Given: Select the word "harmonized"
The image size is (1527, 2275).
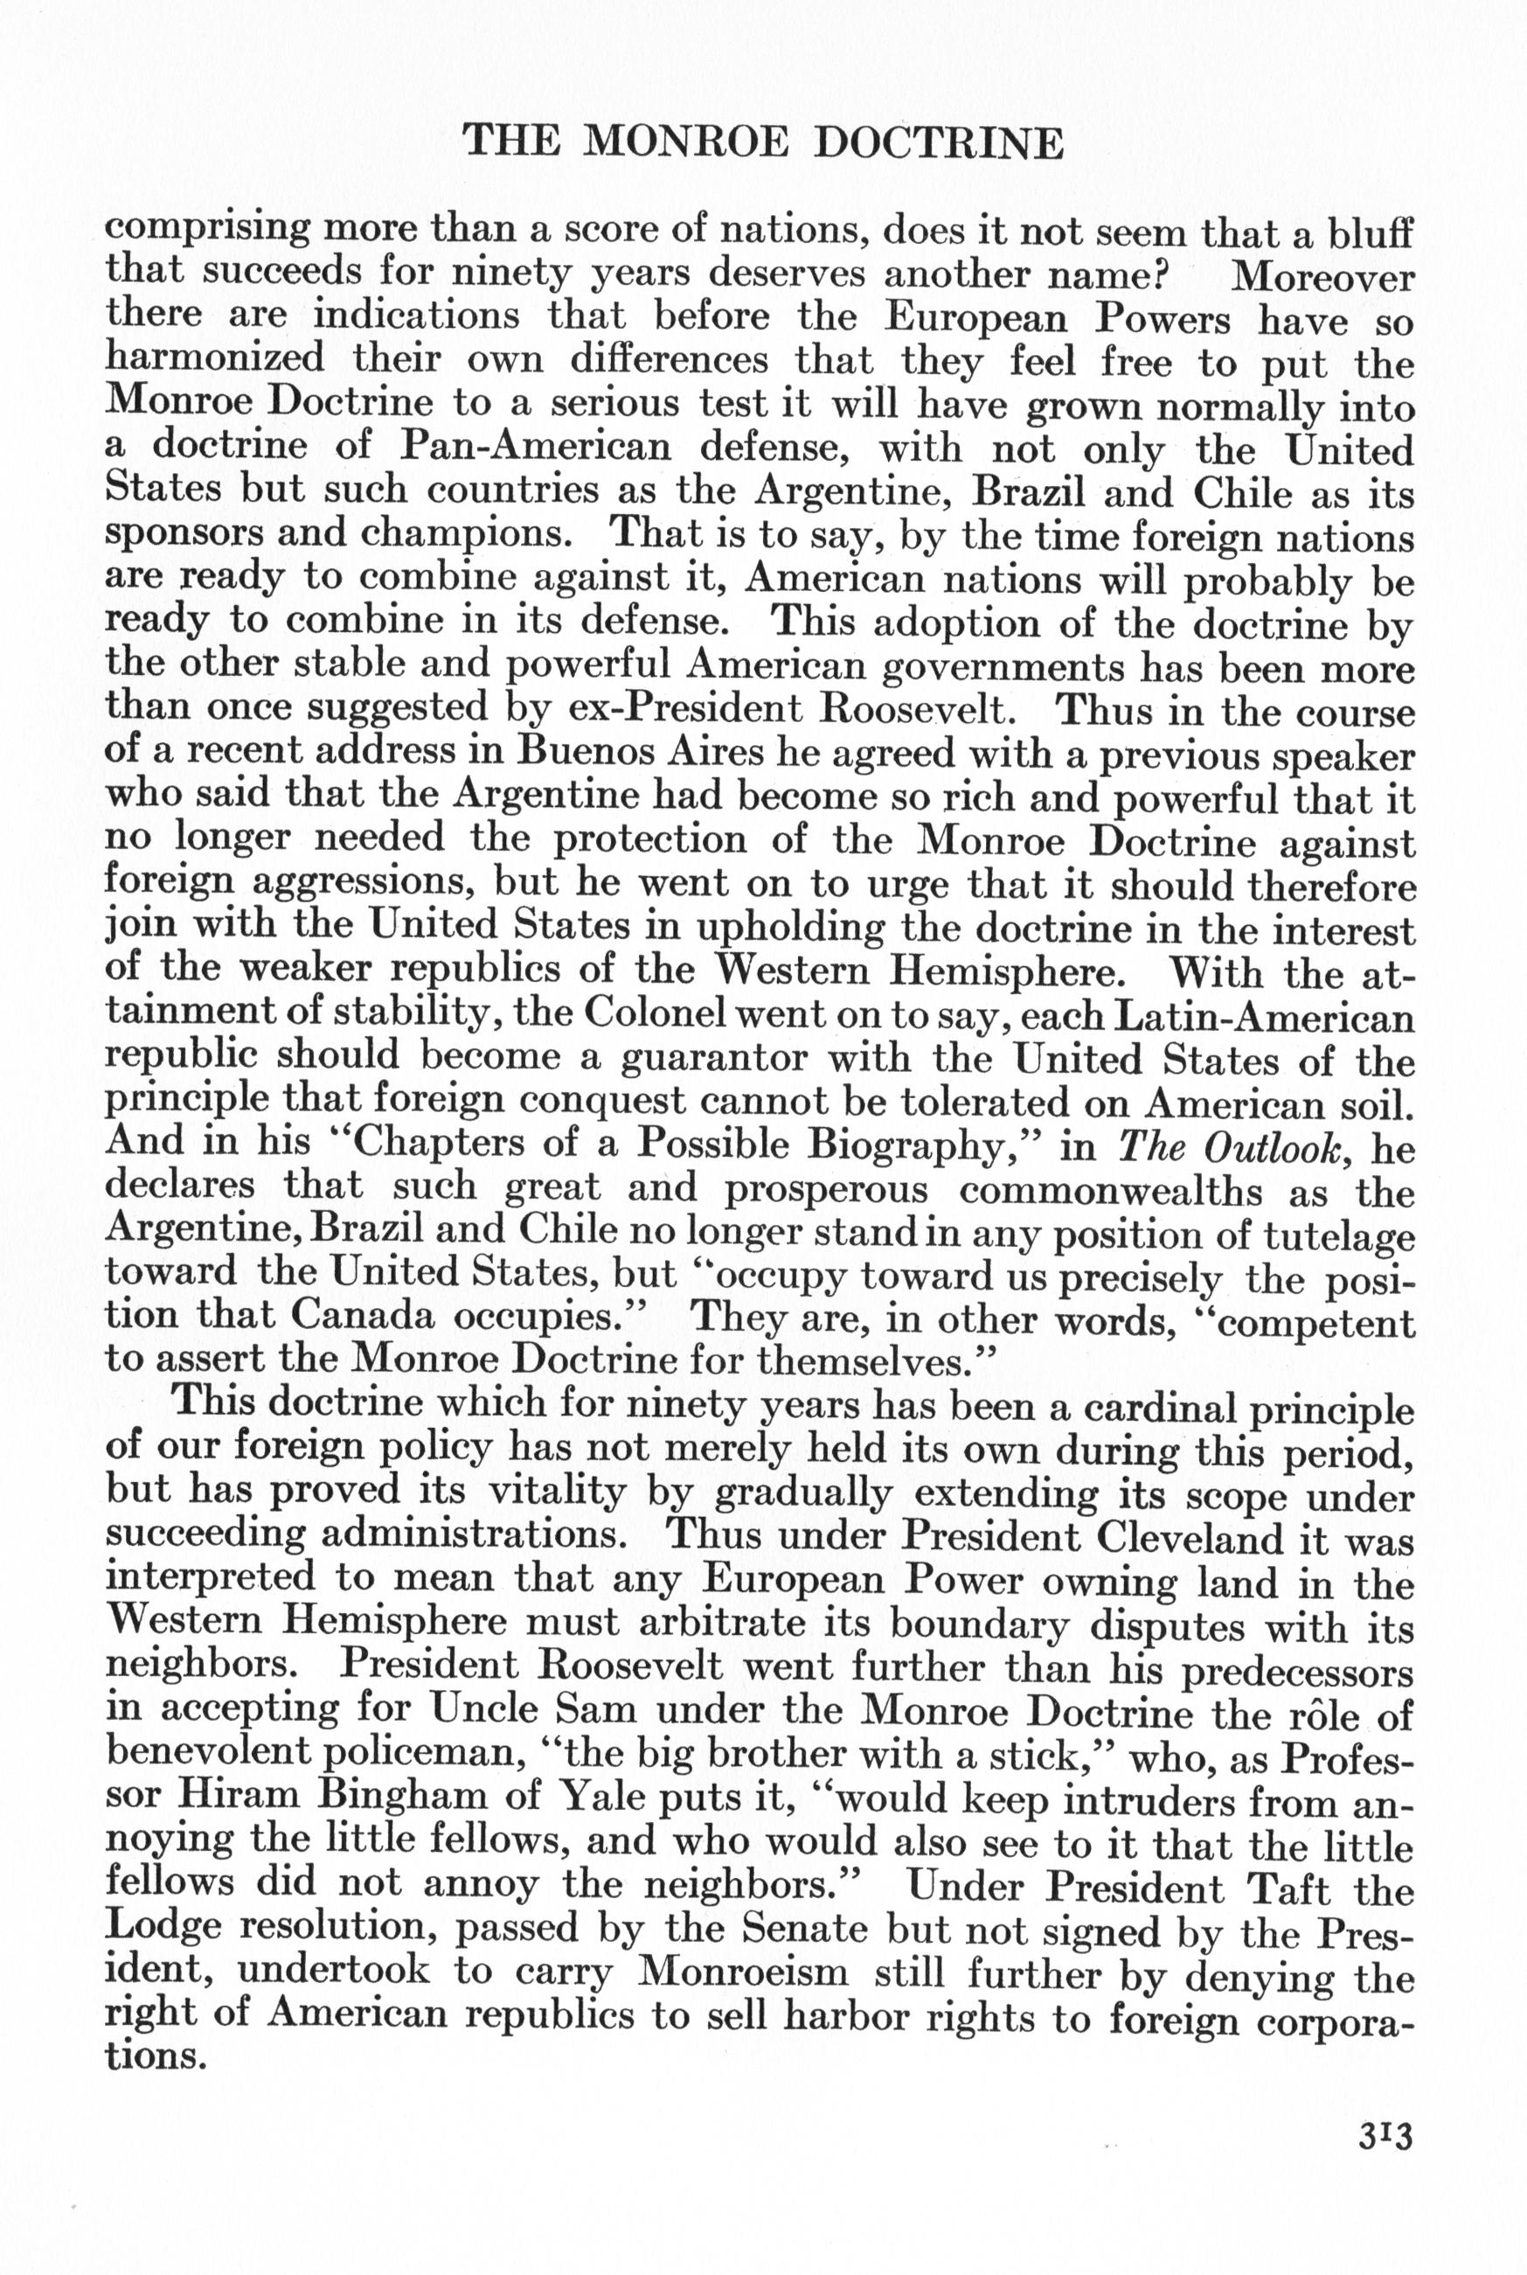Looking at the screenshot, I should coord(214,359).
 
